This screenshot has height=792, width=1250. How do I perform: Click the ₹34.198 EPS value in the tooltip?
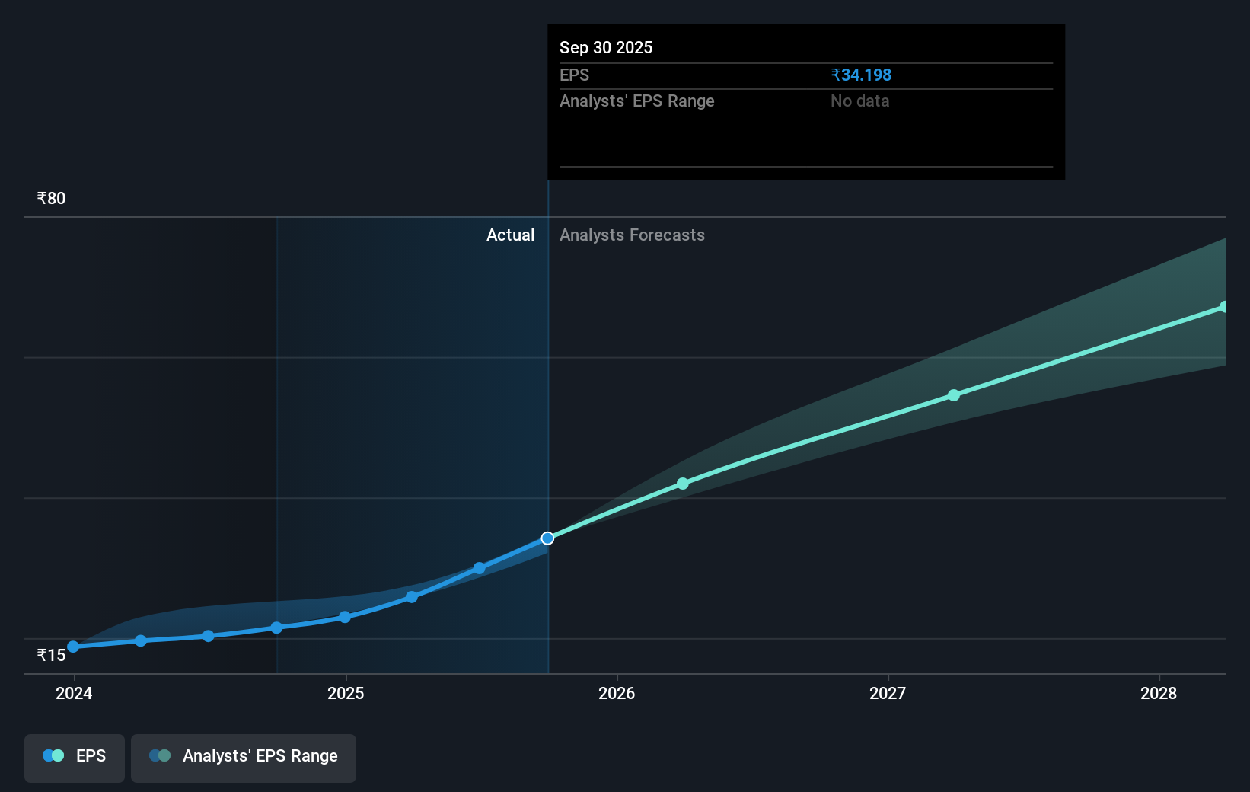coord(861,75)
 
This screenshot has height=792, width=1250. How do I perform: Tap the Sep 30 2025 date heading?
coord(606,47)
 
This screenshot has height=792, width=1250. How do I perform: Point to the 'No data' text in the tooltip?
coord(859,101)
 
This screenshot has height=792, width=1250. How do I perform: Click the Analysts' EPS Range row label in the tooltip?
coord(636,101)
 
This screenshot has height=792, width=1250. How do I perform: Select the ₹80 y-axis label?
coord(51,198)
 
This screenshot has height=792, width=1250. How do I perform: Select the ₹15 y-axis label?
coord(51,655)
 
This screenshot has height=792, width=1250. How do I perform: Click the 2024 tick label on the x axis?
coord(74,693)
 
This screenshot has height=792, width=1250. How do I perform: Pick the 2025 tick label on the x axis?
coord(346,693)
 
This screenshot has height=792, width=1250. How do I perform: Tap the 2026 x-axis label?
coord(617,693)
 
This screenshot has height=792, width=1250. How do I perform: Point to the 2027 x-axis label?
coord(888,693)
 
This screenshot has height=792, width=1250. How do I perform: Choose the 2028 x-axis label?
coord(1159,693)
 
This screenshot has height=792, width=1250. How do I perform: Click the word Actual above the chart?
coord(510,235)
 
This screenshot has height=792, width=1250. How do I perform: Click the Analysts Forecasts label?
coord(632,235)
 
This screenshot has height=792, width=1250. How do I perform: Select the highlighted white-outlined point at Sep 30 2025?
coord(547,538)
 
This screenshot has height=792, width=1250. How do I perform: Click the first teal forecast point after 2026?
coord(683,484)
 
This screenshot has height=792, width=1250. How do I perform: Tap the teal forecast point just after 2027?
coord(954,395)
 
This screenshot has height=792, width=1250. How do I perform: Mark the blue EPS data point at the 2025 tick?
coord(345,617)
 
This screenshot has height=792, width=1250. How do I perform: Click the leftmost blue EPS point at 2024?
coord(73,647)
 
